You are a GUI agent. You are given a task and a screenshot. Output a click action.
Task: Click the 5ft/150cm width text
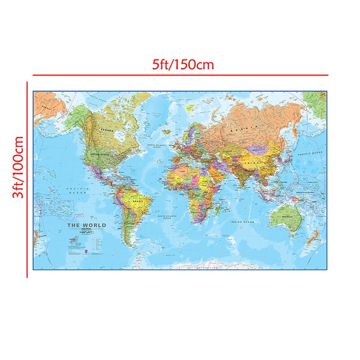182,64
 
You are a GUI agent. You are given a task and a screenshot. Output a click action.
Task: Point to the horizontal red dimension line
180,75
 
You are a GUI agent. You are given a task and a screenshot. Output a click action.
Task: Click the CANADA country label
108,130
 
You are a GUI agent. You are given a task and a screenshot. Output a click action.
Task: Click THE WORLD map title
86,225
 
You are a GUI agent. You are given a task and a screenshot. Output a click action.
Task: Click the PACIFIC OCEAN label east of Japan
310,153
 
